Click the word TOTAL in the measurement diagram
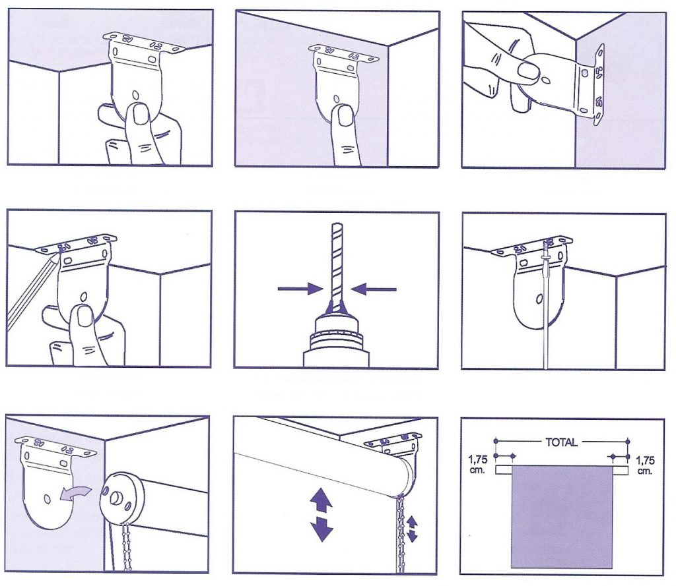(x=561, y=442)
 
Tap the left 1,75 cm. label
(x=478, y=465)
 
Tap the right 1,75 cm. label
(x=645, y=465)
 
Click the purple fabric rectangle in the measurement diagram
(x=562, y=517)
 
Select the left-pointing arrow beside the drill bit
(x=374, y=289)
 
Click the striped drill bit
(x=337, y=262)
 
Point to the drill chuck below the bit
(x=336, y=340)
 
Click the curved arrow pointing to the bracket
(x=75, y=494)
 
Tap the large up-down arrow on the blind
(x=321, y=517)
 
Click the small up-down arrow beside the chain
(x=412, y=528)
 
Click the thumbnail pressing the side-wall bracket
(x=528, y=71)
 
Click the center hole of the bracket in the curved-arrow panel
(x=47, y=499)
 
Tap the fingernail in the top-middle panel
(x=343, y=115)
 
